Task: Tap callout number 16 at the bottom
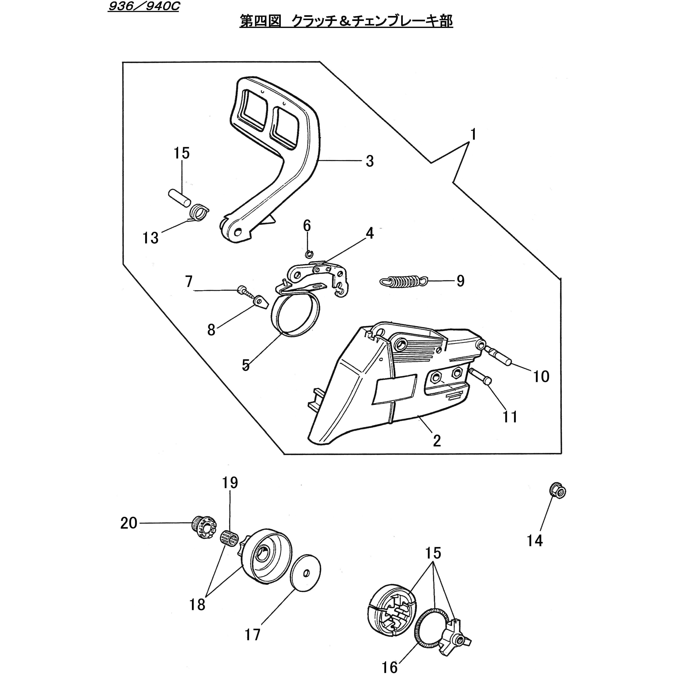389,667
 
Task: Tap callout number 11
510,416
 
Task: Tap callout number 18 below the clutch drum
197,604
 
